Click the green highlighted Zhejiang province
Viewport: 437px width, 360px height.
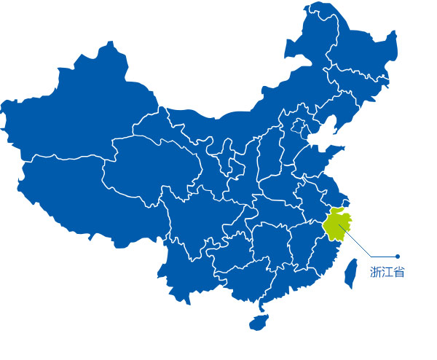(336, 227)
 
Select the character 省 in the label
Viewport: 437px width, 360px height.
(399, 273)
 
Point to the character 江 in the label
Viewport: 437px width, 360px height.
(387, 273)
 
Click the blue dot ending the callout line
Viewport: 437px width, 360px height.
(398, 257)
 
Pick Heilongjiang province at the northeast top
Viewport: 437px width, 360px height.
(350, 44)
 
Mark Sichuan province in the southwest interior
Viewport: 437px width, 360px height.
(197, 211)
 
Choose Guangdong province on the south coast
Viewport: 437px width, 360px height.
(284, 281)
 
